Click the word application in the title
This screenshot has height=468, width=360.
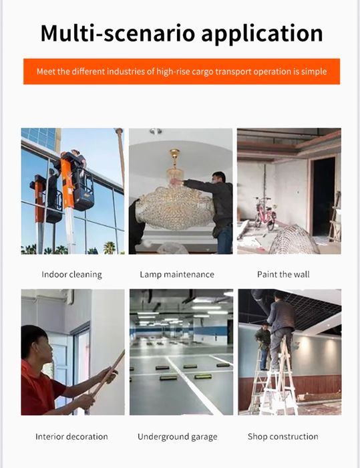coord(262,34)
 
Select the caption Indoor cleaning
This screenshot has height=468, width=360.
coord(71,275)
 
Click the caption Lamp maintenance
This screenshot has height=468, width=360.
coord(177,275)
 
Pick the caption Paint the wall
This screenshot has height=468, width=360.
coord(283,274)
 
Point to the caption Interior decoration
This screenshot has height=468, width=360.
coord(71,437)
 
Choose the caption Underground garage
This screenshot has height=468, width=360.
coord(178,437)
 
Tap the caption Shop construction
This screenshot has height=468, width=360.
coord(283,437)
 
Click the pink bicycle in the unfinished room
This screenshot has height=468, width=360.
coord(265,213)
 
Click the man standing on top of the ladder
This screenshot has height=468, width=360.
coord(280,328)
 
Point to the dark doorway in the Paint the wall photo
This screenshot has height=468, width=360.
coord(323,195)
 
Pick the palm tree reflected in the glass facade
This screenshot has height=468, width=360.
coord(110,247)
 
